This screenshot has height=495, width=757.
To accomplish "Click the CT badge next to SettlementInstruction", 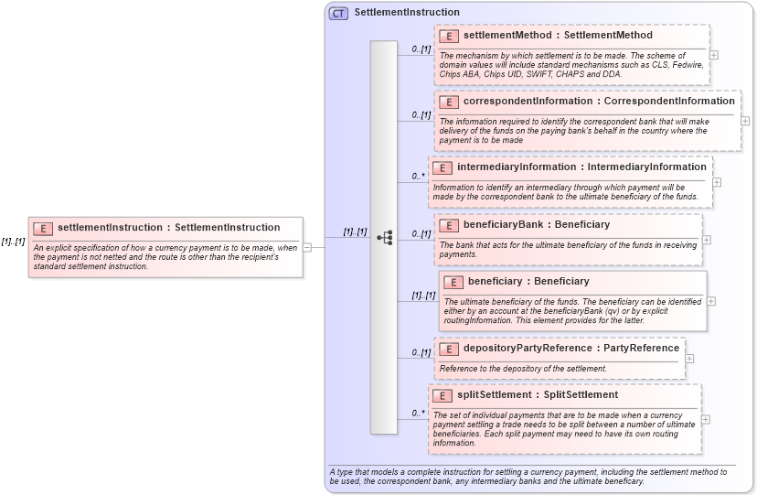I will pyautogui.click(x=338, y=13).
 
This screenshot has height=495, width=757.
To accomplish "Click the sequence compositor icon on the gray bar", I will pyautogui.click(x=384, y=238).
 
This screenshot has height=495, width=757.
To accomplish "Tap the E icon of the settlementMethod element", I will pyautogui.click(x=449, y=36).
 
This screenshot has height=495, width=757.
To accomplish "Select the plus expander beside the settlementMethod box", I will pyautogui.click(x=714, y=55).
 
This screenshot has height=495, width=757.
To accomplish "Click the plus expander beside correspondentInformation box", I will pyautogui.click(x=745, y=120).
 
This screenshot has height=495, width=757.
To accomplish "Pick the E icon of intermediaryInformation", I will pyautogui.click(x=442, y=167).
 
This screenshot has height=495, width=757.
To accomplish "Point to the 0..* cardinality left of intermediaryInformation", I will pyautogui.click(x=418, y=176).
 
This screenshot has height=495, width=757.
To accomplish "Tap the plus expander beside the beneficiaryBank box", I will pyautogui.click(x=707, y=240).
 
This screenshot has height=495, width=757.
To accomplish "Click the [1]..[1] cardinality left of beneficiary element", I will pyautogui.click(x=422, y=296).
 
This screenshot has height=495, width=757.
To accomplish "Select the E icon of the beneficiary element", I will pyautogui.click(x=453, y=282).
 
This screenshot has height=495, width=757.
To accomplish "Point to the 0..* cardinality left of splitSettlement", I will pyautogui.click(x=418, y=413).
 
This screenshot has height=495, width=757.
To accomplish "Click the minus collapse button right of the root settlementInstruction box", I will pyautogui.click(x=307, y=246).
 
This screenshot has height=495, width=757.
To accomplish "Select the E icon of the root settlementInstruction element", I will pyautogui.click(x=42, y=228).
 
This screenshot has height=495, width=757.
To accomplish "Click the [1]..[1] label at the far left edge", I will pyautogui.click(x=13, y=242).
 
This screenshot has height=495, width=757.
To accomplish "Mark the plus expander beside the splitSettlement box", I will pyautogui.click(x=705, y=419).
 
